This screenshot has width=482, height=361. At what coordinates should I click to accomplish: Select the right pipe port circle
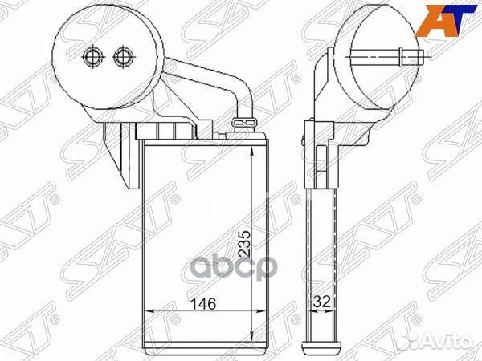click(x=124, y=57)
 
